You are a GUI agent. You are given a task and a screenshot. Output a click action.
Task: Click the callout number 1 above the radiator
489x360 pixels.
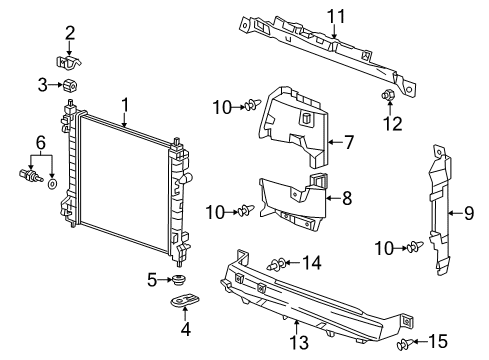click(126, 105)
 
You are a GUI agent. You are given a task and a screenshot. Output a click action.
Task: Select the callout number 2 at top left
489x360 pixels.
click(70, 33)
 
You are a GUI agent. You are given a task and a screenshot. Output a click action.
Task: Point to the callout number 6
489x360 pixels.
click(40, 144)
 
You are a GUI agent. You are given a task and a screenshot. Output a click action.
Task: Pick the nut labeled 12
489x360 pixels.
click(385, 96)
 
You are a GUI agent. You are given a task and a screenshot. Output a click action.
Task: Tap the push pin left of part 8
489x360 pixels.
click(243, 211)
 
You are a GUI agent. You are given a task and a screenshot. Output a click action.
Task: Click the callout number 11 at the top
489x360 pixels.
click(337, 14)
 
